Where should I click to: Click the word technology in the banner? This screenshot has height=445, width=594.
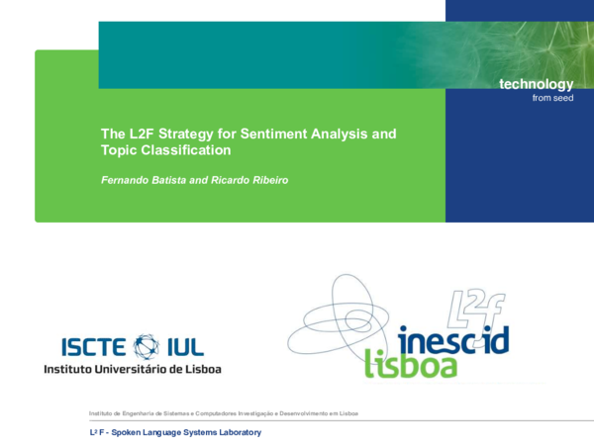[536, 85]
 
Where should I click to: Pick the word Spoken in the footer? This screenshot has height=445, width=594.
[132, 433]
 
